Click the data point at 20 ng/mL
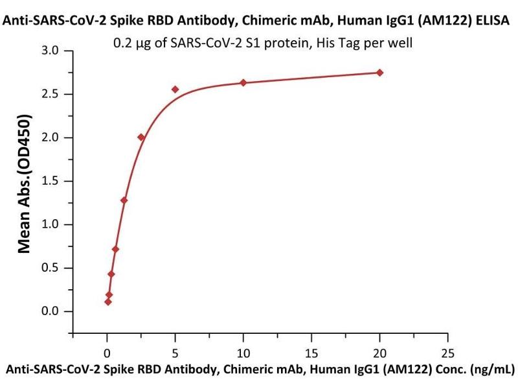[379, 73]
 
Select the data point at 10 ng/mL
[243, 82]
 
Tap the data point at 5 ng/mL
[175, 89]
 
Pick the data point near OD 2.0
[141, 137]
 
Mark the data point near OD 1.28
[124, 200]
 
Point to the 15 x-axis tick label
[311, 354]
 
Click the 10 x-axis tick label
[243, 354]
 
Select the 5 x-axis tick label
[175, 354]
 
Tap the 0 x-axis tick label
[107, 354]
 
